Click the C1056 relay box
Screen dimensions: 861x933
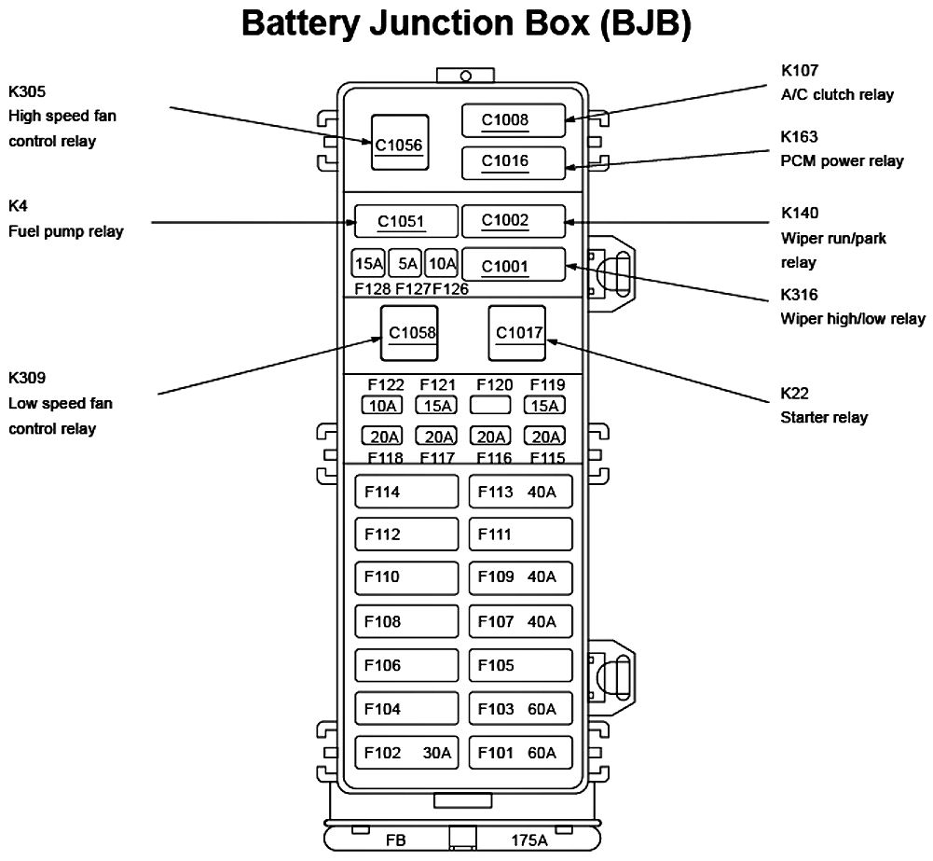[400, 143]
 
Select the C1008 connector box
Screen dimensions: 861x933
[514, 120]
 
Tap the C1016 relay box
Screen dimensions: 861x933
[514, 162]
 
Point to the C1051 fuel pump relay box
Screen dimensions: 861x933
[405, 222]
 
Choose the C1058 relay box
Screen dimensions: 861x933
[408, 333]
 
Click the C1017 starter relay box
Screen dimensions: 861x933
[517, 333]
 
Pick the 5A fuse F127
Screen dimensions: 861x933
[405, 264]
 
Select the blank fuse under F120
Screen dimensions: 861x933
[489, 406]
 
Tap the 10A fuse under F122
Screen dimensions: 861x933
[382, 406]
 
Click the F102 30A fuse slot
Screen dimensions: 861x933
[406, 753]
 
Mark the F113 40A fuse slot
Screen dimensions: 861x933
[519, 492]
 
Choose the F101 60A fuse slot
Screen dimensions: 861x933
[519, 753]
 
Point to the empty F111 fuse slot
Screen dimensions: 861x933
[519, 535]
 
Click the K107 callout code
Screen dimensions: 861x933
[800, 70]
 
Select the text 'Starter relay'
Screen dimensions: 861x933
[824, 417]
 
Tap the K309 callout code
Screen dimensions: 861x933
[27, 378]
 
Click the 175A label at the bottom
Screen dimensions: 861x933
[528, 840]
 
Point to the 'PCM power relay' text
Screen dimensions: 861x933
[842, 161]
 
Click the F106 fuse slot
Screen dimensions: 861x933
[406, 665]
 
